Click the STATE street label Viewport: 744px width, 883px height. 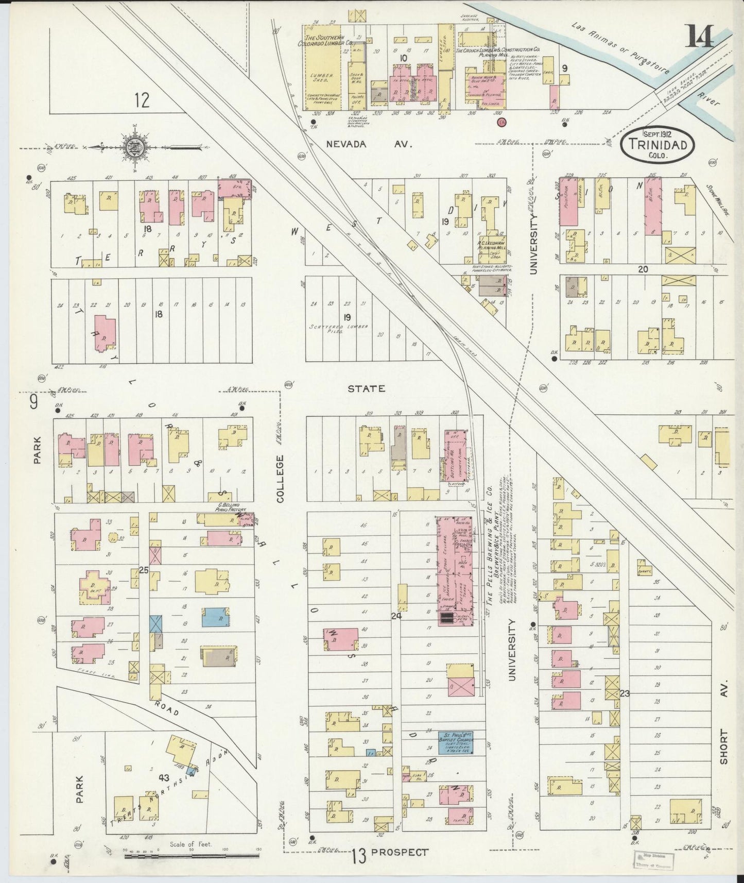[366, 388]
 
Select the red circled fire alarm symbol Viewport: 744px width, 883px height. [502, 122]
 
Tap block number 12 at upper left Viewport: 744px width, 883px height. [142, 99]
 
